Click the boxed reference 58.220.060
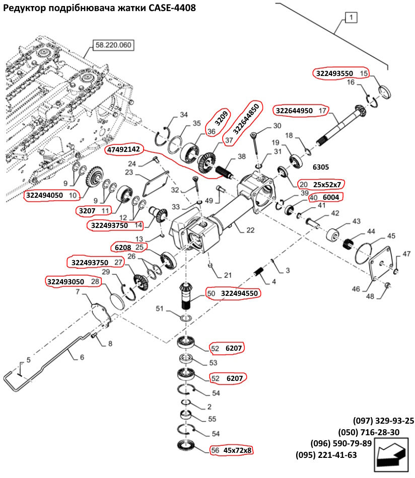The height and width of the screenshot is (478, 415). coord(113,45)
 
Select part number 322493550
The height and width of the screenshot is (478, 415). coord(334,73)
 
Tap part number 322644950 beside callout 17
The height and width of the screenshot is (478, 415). coord(294,110)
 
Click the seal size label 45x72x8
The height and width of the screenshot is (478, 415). coord(237,450)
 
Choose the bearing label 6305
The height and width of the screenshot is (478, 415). coord(321,167)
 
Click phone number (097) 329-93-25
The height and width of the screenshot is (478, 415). coord(383,421)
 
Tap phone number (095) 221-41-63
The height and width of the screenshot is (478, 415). coord(326,455)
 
